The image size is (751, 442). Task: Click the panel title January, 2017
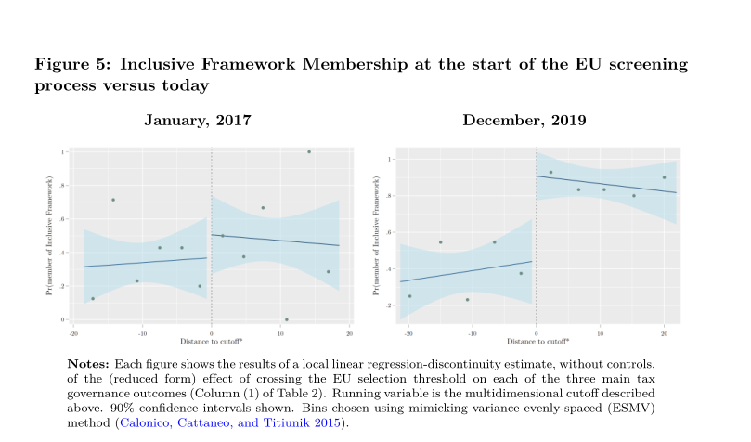197,121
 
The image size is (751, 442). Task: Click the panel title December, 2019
524,121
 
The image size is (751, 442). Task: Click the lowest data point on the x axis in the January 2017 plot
287,319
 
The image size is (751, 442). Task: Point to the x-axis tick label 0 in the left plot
212,331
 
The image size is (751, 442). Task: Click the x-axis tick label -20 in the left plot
73,331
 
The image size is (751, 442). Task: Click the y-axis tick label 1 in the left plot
61,151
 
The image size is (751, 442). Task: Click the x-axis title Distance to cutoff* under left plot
212,341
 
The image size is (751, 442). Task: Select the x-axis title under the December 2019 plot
536,341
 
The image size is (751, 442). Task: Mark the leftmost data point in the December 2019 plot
409,296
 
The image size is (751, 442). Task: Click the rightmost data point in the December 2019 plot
664,177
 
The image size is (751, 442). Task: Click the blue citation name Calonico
141,423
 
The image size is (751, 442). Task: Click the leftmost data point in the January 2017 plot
93,298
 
